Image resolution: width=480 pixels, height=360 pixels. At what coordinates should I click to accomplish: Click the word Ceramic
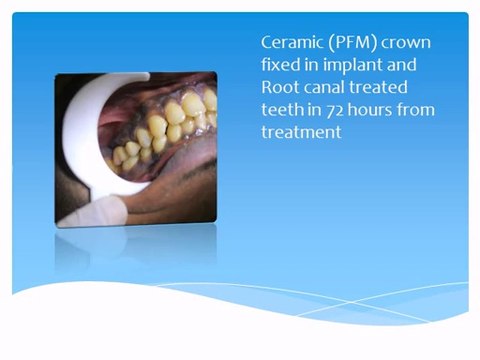[291, 43]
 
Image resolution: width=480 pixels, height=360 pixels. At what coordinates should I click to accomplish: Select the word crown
[411, 43]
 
